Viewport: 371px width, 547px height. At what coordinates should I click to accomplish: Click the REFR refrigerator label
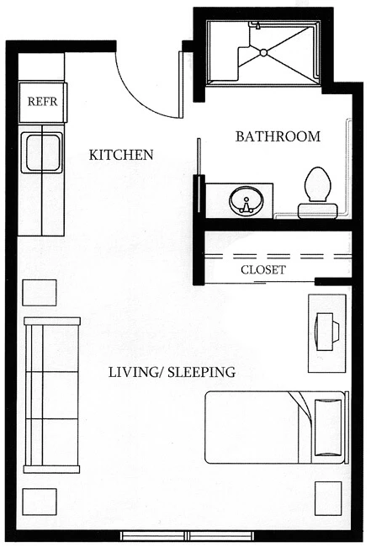[42, 102]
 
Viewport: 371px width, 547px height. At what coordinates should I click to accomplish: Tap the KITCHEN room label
[121, 155]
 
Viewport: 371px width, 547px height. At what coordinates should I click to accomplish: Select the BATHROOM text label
[278, 136]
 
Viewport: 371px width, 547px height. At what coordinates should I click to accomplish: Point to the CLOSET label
[263, 269]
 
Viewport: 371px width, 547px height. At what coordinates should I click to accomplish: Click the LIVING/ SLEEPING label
[172, 372]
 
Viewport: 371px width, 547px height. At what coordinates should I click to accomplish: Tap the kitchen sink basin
[42, 153]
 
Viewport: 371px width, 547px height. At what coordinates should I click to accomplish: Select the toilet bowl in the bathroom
[318, 184]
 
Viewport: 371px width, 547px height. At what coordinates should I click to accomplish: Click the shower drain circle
[263, 52]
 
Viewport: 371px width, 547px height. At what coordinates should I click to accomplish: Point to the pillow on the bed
[328, 428]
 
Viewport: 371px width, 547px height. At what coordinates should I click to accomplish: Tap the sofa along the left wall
[51, 395]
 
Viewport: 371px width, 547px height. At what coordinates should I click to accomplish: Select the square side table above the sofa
[40, 293]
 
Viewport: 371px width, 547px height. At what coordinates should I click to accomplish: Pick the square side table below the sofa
[40, 502]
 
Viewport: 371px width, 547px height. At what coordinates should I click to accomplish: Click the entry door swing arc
[140, 97]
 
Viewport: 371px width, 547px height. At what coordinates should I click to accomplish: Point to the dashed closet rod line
[278, 257]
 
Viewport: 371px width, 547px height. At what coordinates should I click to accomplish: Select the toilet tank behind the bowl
[318, 211]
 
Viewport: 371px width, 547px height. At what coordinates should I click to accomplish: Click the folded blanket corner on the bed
[303, 406]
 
